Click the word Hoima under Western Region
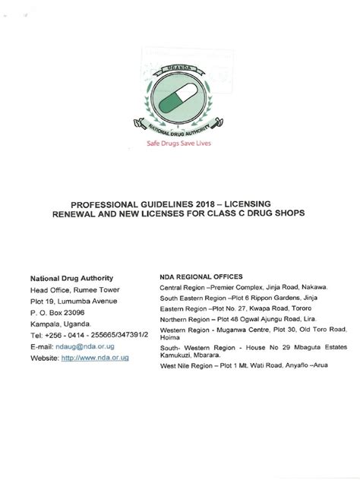tap(170, 341)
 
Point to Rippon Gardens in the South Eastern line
tap(255, 299)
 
